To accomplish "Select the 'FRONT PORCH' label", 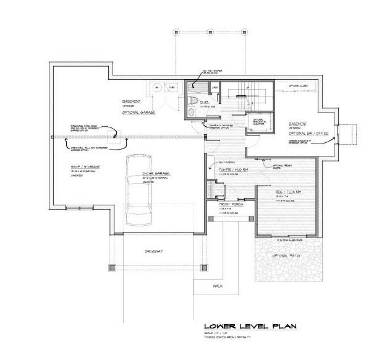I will click(229, 205).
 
